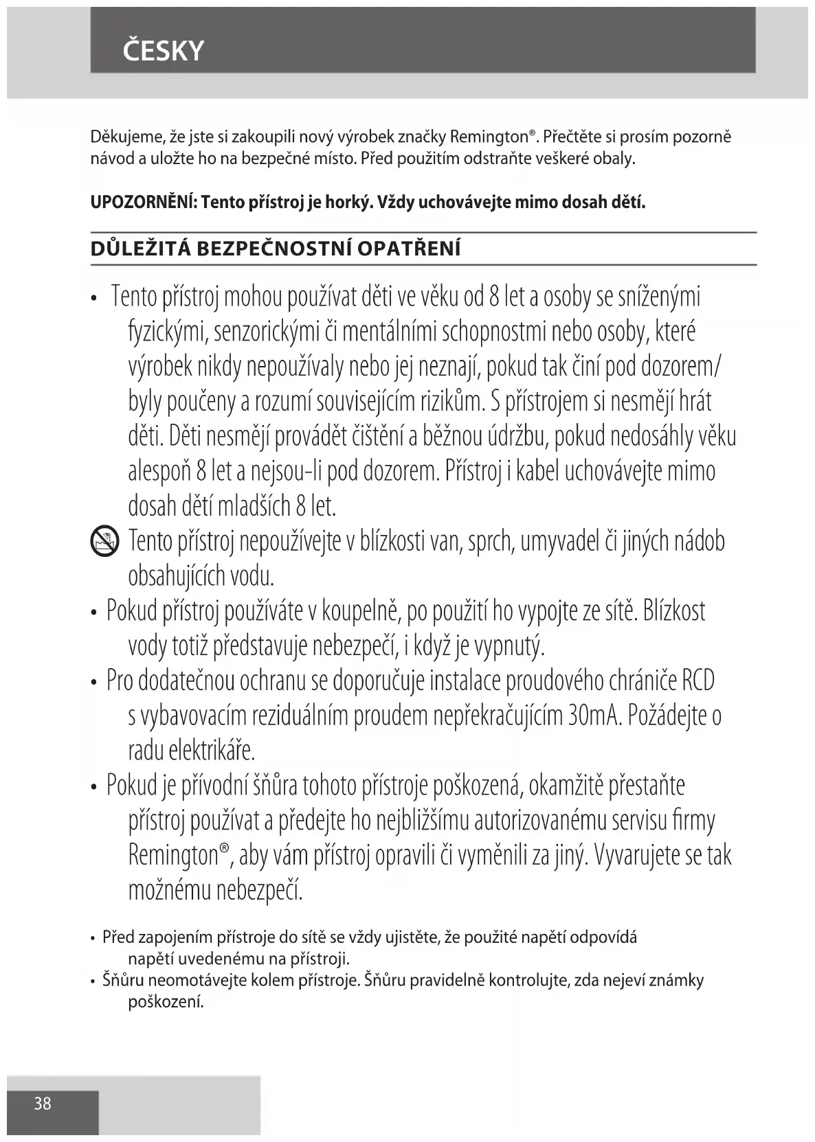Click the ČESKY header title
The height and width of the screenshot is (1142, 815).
(x=164, y=51)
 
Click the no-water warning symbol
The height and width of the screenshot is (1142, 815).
(x=104, y=542)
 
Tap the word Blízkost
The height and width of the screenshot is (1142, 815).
(x=674, y=611)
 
